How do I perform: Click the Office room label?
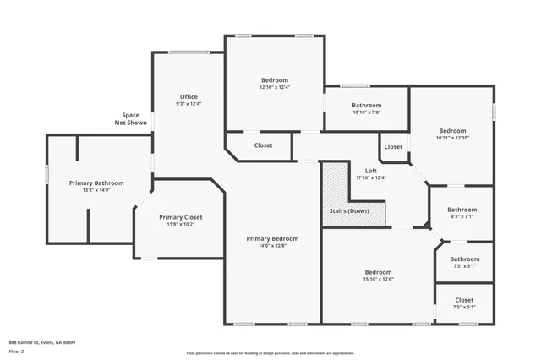189,96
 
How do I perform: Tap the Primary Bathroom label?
97,183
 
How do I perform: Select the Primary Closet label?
181,217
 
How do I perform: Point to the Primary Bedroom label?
272,238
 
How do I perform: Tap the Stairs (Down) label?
348,210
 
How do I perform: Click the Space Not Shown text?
130,119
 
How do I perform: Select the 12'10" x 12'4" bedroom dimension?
274,87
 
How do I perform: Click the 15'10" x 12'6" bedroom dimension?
377,279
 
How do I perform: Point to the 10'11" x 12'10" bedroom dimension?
452,138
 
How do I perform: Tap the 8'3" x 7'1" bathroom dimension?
462,216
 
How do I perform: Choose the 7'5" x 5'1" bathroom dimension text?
464,266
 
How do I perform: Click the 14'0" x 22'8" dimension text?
272,246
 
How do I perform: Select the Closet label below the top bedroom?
263,145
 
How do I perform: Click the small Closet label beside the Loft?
393,147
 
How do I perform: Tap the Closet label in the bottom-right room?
464,300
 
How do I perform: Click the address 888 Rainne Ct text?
42,342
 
